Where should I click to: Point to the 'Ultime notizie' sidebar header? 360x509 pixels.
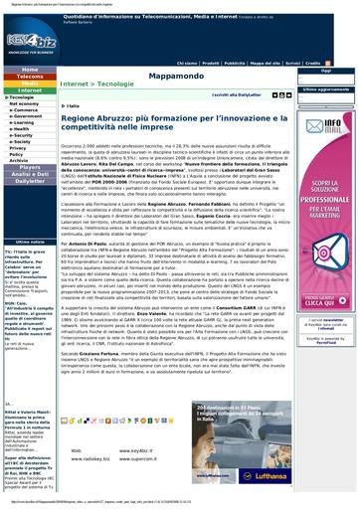click(30, 242)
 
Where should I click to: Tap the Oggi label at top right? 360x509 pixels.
click(324, 71)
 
